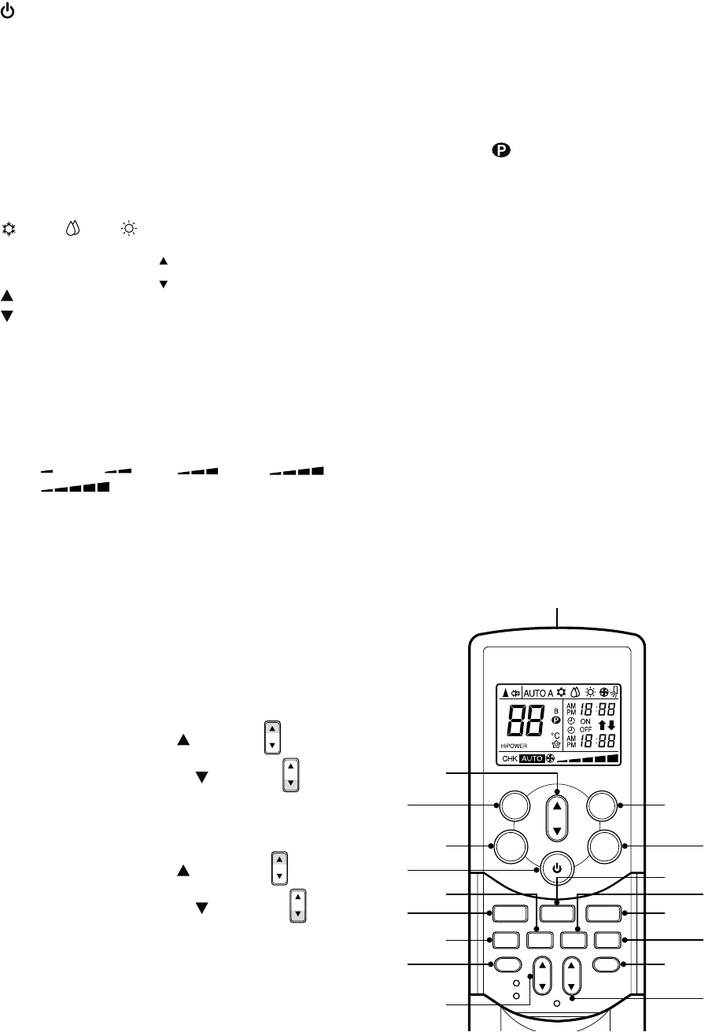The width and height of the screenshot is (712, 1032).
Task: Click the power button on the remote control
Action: (557, 868)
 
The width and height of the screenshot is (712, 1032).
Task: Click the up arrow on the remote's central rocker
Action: (557, 802)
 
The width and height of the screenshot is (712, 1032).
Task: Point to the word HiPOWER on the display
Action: (513, 746)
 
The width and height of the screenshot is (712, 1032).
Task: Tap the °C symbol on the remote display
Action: (555, 735)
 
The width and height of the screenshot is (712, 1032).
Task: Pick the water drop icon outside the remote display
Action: (74, 228)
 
